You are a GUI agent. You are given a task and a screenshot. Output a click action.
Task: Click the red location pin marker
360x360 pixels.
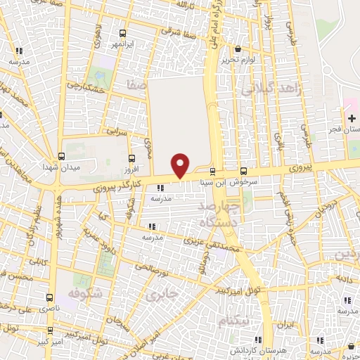tap(181, 165)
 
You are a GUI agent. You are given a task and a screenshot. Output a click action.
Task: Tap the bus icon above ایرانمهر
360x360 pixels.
tap(123, 33)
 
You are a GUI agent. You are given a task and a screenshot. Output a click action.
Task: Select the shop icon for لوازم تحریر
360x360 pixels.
tap(238, 49)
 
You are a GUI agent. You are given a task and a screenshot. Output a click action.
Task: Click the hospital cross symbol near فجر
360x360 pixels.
tap(351, 117)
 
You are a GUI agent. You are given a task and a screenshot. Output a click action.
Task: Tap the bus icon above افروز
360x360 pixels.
tap(131, 158)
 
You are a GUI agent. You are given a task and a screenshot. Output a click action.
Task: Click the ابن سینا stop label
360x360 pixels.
tap(212, 181)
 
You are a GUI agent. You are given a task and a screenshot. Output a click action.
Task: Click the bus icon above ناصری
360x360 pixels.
tap(49, 298)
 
